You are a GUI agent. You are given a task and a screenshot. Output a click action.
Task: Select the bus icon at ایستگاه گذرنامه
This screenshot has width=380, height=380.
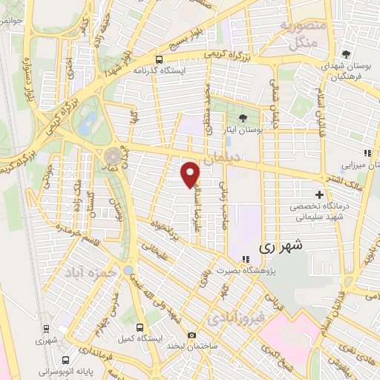[x=158, y=60]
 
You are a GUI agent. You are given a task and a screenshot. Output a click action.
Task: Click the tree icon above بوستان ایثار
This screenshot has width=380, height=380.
[x=242, y=118]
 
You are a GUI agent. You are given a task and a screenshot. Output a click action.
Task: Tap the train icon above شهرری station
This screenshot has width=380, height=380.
[x=47, y=327]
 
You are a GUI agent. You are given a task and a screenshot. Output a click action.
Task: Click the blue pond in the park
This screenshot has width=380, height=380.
[x=88, y=121]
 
